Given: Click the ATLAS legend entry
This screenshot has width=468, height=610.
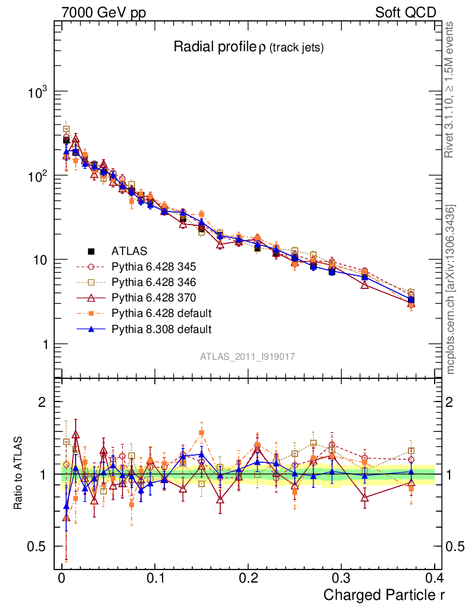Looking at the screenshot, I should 129,251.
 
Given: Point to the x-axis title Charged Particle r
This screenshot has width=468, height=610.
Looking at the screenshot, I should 384,594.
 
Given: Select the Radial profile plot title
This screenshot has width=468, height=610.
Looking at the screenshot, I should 248,48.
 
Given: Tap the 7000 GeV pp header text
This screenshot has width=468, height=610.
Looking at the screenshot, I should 104,13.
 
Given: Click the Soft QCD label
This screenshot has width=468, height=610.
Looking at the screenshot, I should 405,13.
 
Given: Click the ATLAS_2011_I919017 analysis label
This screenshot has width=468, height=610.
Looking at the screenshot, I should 248,356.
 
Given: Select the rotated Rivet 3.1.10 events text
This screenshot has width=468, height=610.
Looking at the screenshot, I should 450,89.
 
